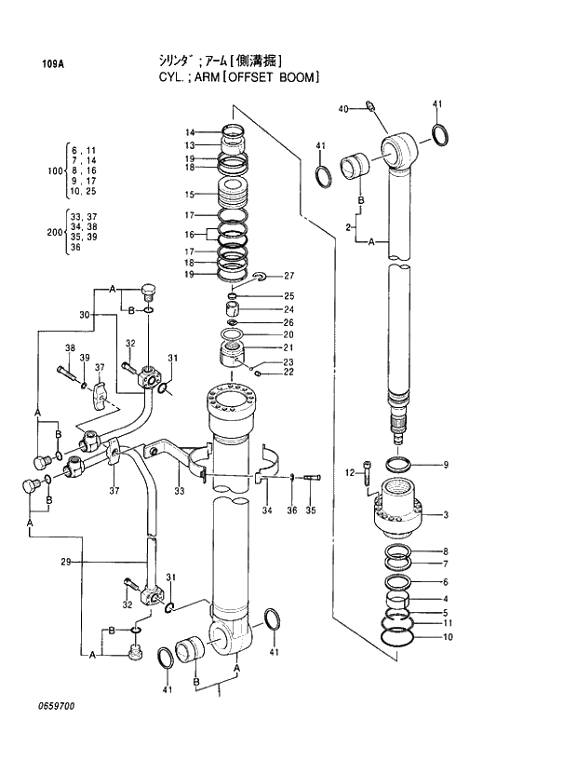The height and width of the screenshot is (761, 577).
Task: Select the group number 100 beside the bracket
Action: click(x=54, y=170)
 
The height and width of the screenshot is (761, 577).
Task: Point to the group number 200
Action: click(x=54, y=232)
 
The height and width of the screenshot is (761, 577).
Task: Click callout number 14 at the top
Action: click(x=189, y=131)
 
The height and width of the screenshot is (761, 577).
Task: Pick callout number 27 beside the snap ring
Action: click(x=288, y=276)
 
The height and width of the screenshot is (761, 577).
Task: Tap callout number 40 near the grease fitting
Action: click(x=342, y=109)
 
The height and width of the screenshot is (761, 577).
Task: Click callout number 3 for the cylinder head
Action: click(x=446, y=515)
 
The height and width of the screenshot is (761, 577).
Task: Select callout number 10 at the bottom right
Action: click(x=448, y=638)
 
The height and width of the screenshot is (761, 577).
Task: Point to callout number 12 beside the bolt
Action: click(x=350, y=473)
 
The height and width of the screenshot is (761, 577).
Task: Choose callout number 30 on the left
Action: click(x=85, y=315)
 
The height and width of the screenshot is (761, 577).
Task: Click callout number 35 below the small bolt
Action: click(x=311, y=510)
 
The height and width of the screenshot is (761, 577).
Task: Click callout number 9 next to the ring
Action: click(x=446, y=465)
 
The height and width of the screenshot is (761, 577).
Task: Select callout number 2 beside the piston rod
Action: click(x=347, y=227)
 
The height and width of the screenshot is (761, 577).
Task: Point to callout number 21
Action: click(x=288, y=347)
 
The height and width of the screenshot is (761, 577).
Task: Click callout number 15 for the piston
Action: click(x=189, y=195)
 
